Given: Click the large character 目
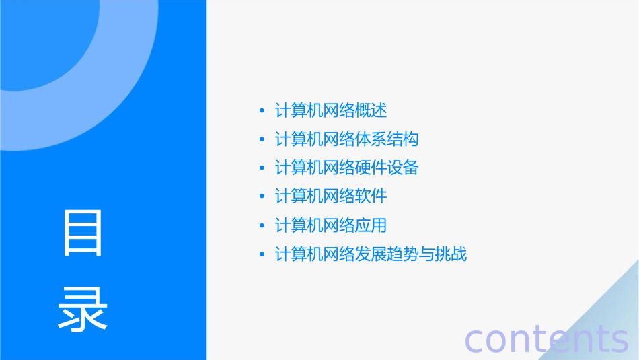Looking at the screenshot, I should (x=83, y=233).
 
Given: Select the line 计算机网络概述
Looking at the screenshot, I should (x=331, y=110).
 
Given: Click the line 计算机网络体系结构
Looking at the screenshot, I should (x=347, y=139).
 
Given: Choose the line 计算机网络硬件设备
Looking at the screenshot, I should (x=347, y=168).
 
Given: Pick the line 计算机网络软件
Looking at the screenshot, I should (x=331, y=196).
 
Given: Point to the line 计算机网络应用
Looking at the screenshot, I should (x=331, y=225).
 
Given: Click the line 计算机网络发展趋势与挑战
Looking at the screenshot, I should (x=371, y=254).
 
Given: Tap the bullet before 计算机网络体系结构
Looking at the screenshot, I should (x=262, y=140).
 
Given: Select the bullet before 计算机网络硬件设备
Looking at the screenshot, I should (x=262, y=168).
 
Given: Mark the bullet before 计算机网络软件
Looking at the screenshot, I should (x=262, y=197).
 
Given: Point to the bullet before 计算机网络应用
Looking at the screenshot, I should (x=262, y=226).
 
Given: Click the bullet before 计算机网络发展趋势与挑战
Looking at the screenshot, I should (x=262, y=255).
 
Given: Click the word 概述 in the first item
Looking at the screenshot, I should (x=371, y=110).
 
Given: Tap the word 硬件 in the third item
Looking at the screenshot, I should (x=371, y=168).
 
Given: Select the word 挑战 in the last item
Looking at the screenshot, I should (x=451, y=254).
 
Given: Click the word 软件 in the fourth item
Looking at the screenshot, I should (x=371, y=196).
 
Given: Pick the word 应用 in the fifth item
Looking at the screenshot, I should (x=371, y=225).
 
